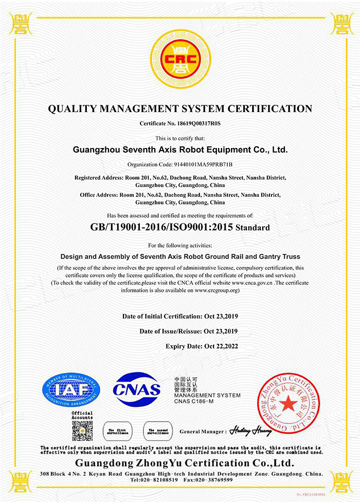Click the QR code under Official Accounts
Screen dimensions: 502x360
tap(82, 431)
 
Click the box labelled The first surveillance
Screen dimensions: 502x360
tap(116, 431)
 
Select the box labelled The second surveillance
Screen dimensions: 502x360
tap(157, 431)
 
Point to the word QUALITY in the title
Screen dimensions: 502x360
tap(69, 109)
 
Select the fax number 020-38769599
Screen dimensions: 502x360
tap(214, 480)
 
